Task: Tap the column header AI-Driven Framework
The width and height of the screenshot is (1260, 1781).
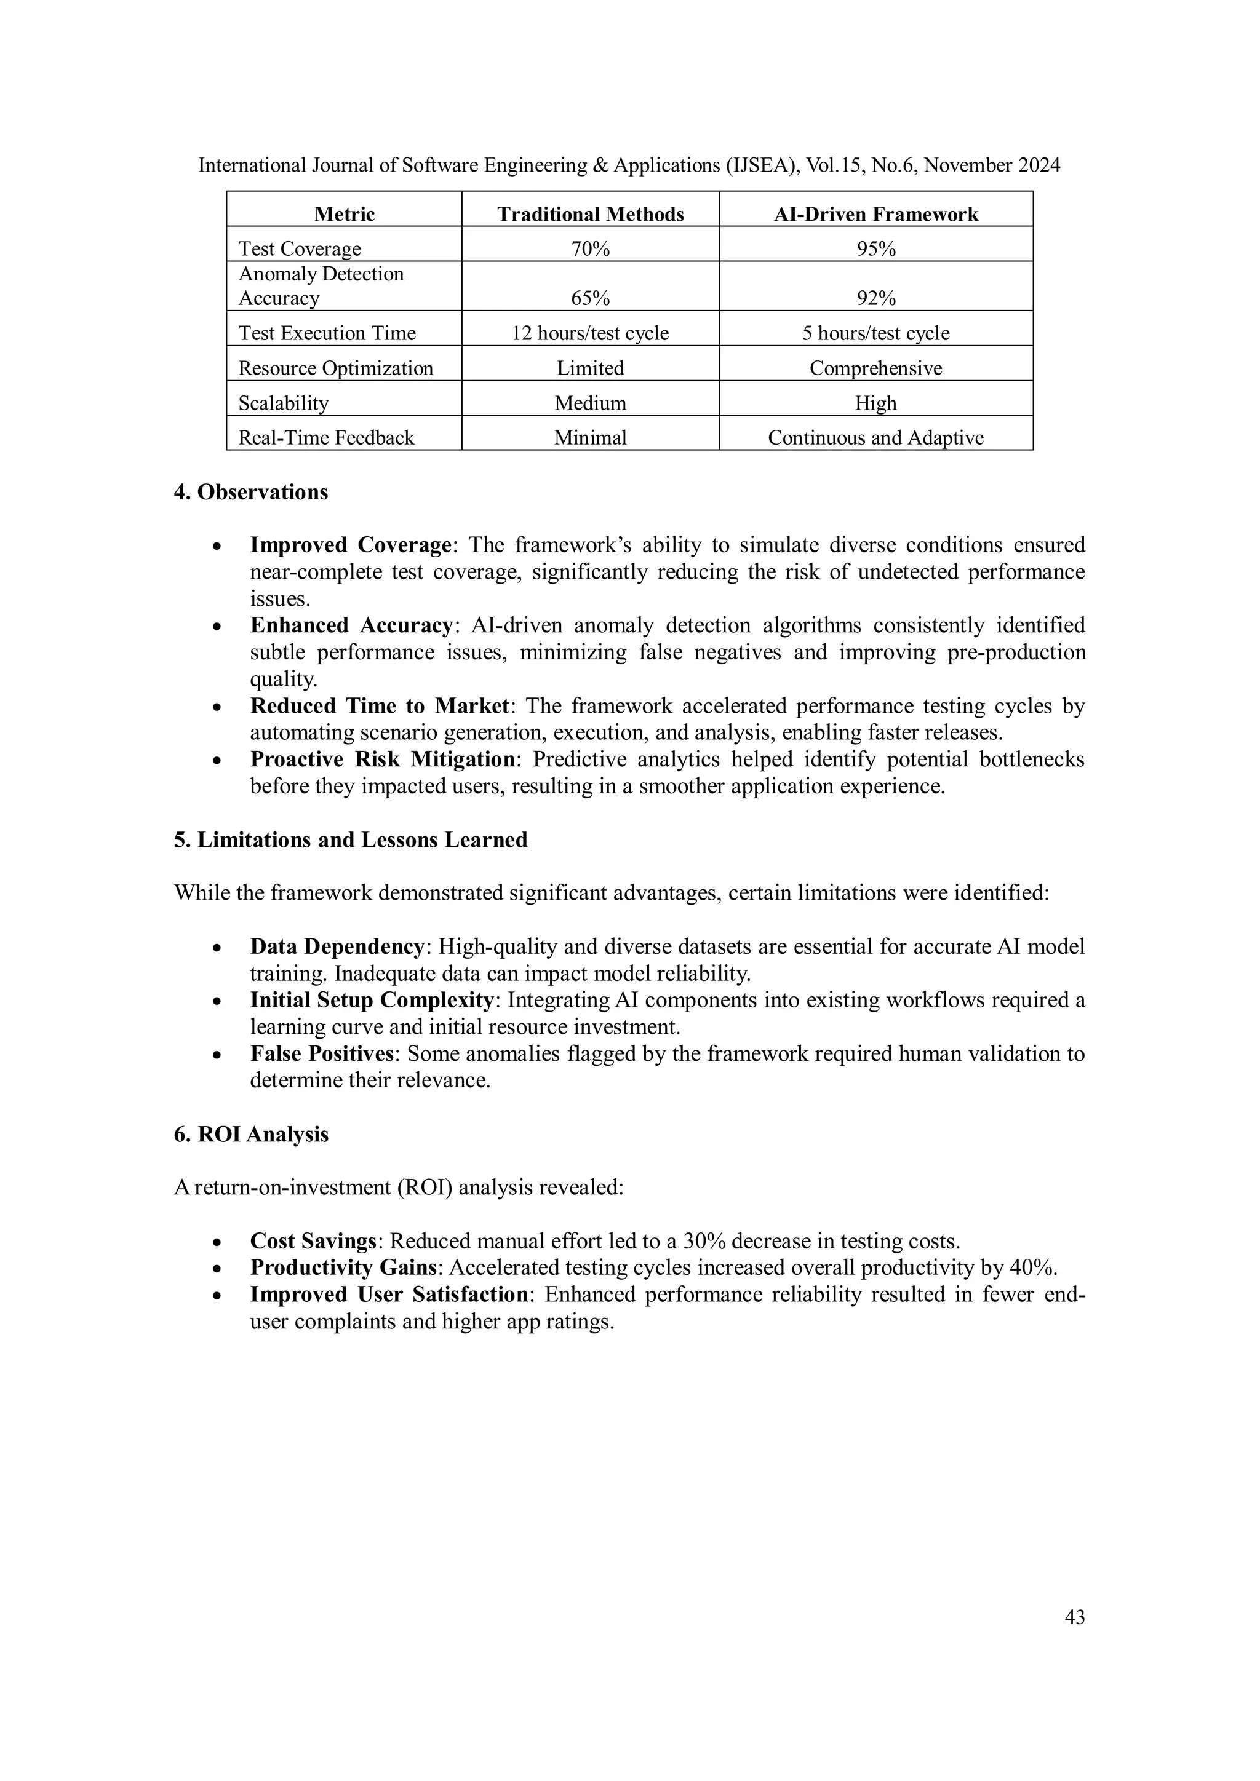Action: (876, 214)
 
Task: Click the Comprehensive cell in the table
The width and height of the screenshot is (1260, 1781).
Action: (876, 368)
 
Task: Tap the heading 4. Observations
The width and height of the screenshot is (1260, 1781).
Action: (250, 493)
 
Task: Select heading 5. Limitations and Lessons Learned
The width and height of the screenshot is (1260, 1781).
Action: (350, 840)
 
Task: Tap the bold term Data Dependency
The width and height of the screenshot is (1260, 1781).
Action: (337, 947)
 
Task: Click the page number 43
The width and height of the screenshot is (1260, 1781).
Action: (1075, 1617)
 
